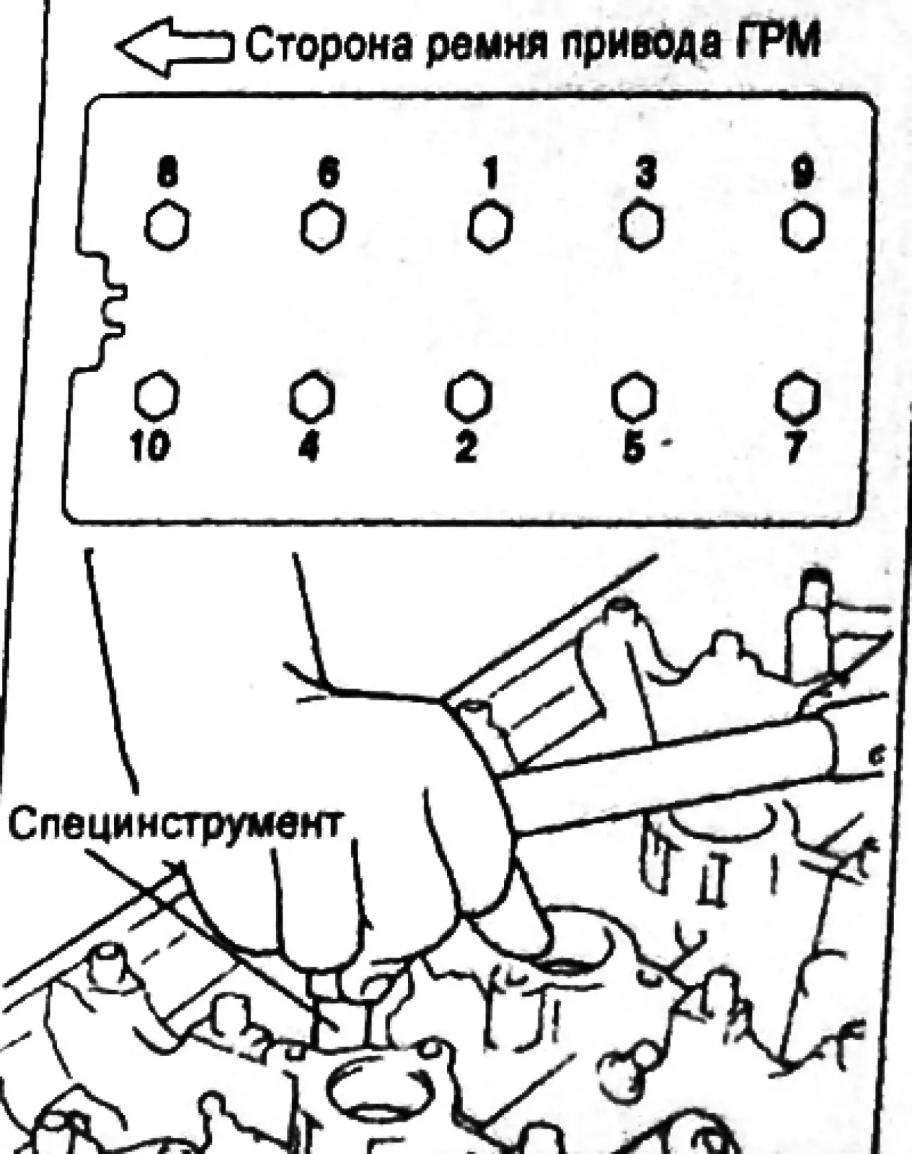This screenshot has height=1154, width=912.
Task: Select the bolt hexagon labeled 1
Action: coord(490,227)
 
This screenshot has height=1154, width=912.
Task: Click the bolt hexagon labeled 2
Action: coord(467,396)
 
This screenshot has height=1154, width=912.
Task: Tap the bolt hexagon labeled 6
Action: coord(322,227)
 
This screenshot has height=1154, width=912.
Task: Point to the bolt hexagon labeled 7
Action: coord(797,396)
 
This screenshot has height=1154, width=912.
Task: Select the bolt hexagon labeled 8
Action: coord(167,225)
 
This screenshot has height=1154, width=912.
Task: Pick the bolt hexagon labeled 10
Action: coord(156,396)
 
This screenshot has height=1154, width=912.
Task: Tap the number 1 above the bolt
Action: coord(490,173)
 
